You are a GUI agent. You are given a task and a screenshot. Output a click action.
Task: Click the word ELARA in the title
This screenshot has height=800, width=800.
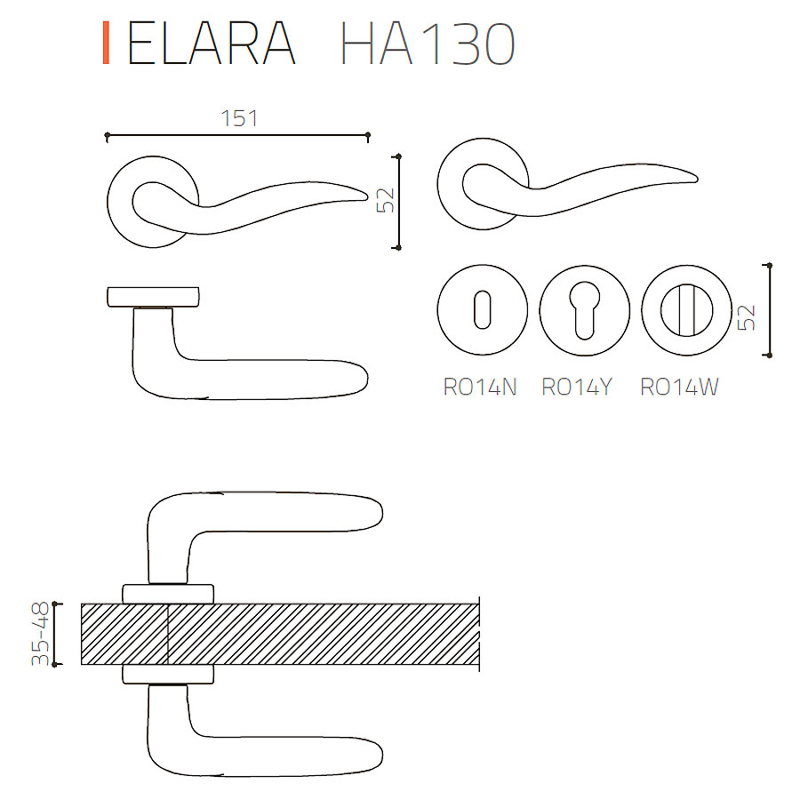pos(212,43)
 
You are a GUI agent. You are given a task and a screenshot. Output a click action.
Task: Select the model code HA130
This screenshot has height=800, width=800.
pos(428,43)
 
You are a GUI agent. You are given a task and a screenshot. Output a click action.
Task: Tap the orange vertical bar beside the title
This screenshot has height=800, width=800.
pos(106,43)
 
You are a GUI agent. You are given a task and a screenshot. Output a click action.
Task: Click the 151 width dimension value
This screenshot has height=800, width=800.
pos(239,118)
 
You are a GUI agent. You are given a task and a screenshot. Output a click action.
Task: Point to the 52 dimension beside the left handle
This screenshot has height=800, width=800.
pos(387,200)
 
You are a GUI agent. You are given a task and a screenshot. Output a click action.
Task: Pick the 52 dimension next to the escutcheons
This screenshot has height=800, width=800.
pos(747,317)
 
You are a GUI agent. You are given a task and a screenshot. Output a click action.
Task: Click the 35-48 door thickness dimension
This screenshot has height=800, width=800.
pos(40,634)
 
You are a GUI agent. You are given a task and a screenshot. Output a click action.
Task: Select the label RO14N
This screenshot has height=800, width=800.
pos(480,388)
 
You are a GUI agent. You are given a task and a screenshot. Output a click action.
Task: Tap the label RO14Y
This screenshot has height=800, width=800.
pos(577,388)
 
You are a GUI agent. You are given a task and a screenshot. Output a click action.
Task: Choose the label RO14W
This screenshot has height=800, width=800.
pos(679,388)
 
